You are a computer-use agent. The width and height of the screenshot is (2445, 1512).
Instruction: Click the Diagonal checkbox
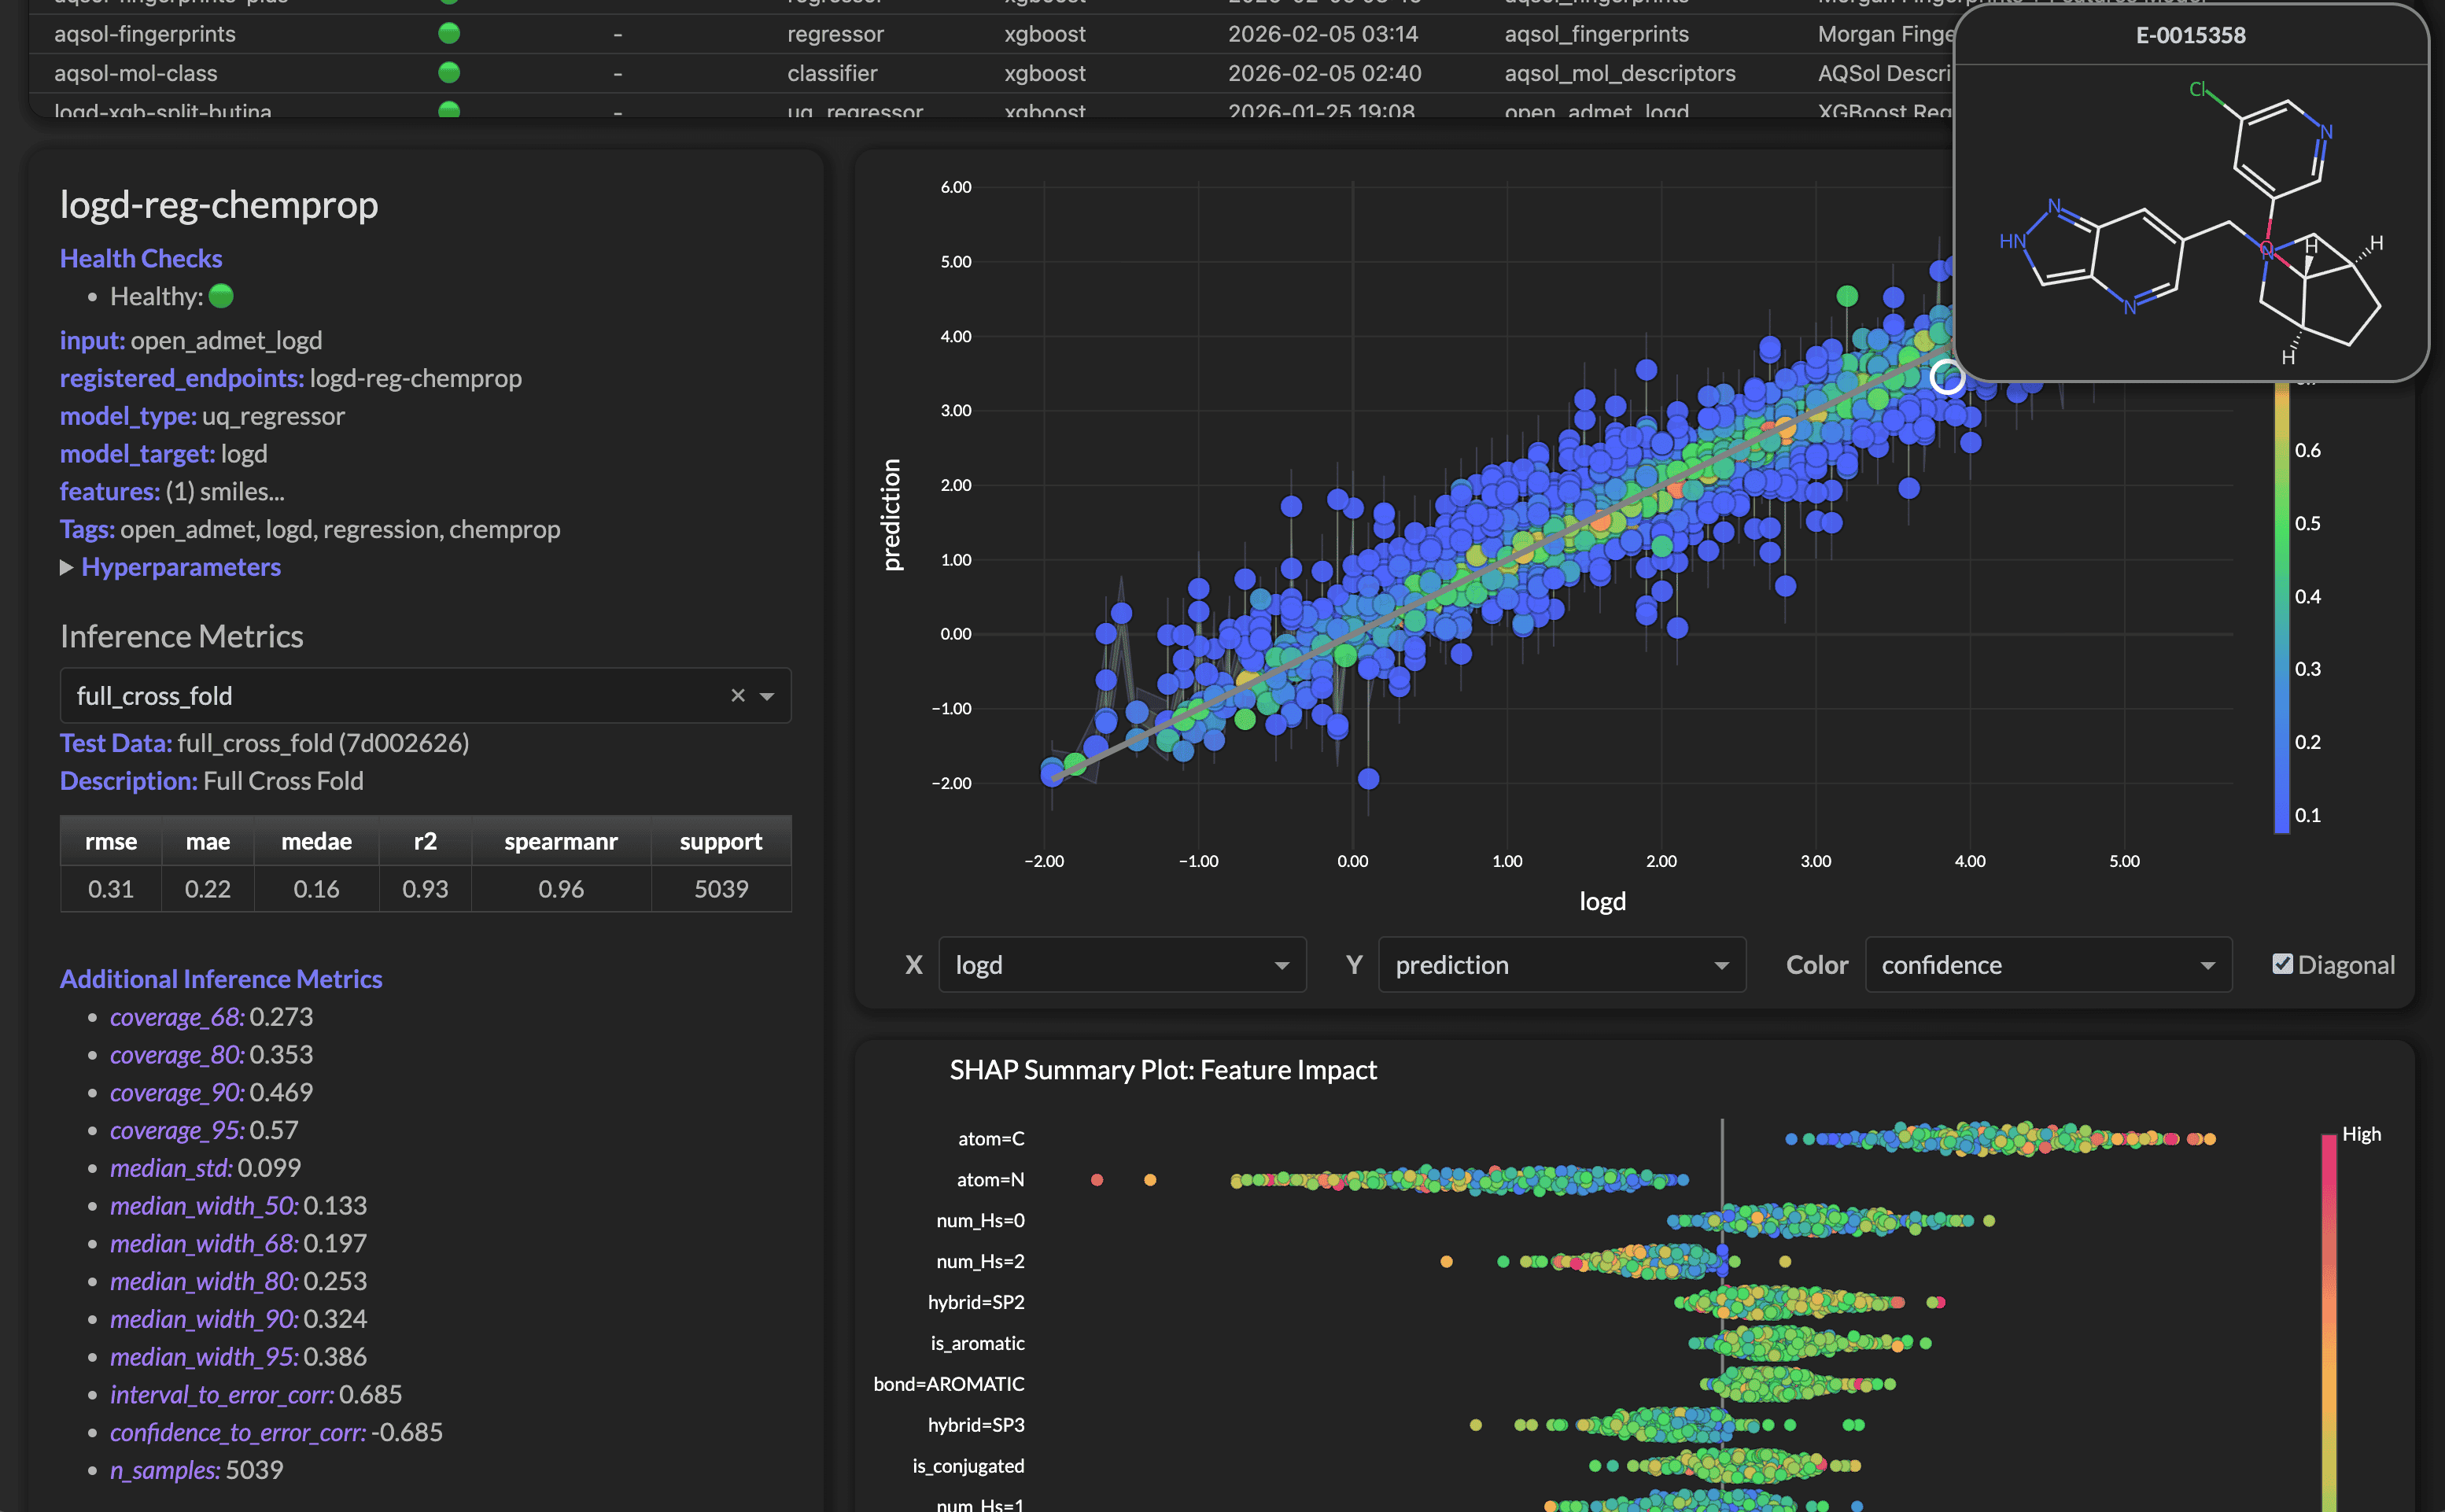2282,964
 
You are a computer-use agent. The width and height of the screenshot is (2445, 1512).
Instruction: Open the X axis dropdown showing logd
1121,965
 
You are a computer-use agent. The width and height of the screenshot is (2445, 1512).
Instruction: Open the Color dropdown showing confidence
2047,965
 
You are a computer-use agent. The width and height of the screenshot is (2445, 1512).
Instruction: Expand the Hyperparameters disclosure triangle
67,567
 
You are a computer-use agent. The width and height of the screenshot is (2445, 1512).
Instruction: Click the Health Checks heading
141,258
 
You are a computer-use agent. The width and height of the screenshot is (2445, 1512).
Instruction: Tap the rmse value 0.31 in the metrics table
110,889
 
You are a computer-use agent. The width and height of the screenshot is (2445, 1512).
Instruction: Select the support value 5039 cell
721,889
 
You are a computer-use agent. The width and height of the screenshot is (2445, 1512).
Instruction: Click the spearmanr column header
560,841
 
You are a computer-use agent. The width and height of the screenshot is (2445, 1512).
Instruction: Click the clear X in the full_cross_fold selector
738,695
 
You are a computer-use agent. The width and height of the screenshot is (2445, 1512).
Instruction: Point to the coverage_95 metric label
177,1130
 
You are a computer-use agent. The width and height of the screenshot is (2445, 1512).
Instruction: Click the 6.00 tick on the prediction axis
955,187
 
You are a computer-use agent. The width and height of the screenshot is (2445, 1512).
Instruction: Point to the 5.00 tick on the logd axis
2124,861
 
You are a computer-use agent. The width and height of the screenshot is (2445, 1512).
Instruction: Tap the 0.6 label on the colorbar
2307,450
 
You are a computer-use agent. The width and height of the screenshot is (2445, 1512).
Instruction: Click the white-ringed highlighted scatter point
1946,377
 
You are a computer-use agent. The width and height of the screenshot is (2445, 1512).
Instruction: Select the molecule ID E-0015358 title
2190,35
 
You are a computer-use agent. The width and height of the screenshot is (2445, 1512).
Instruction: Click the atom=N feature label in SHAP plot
990,1180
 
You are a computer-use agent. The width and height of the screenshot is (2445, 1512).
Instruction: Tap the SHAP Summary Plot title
1162,1070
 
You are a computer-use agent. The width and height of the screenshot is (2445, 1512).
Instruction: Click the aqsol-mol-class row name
135,73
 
